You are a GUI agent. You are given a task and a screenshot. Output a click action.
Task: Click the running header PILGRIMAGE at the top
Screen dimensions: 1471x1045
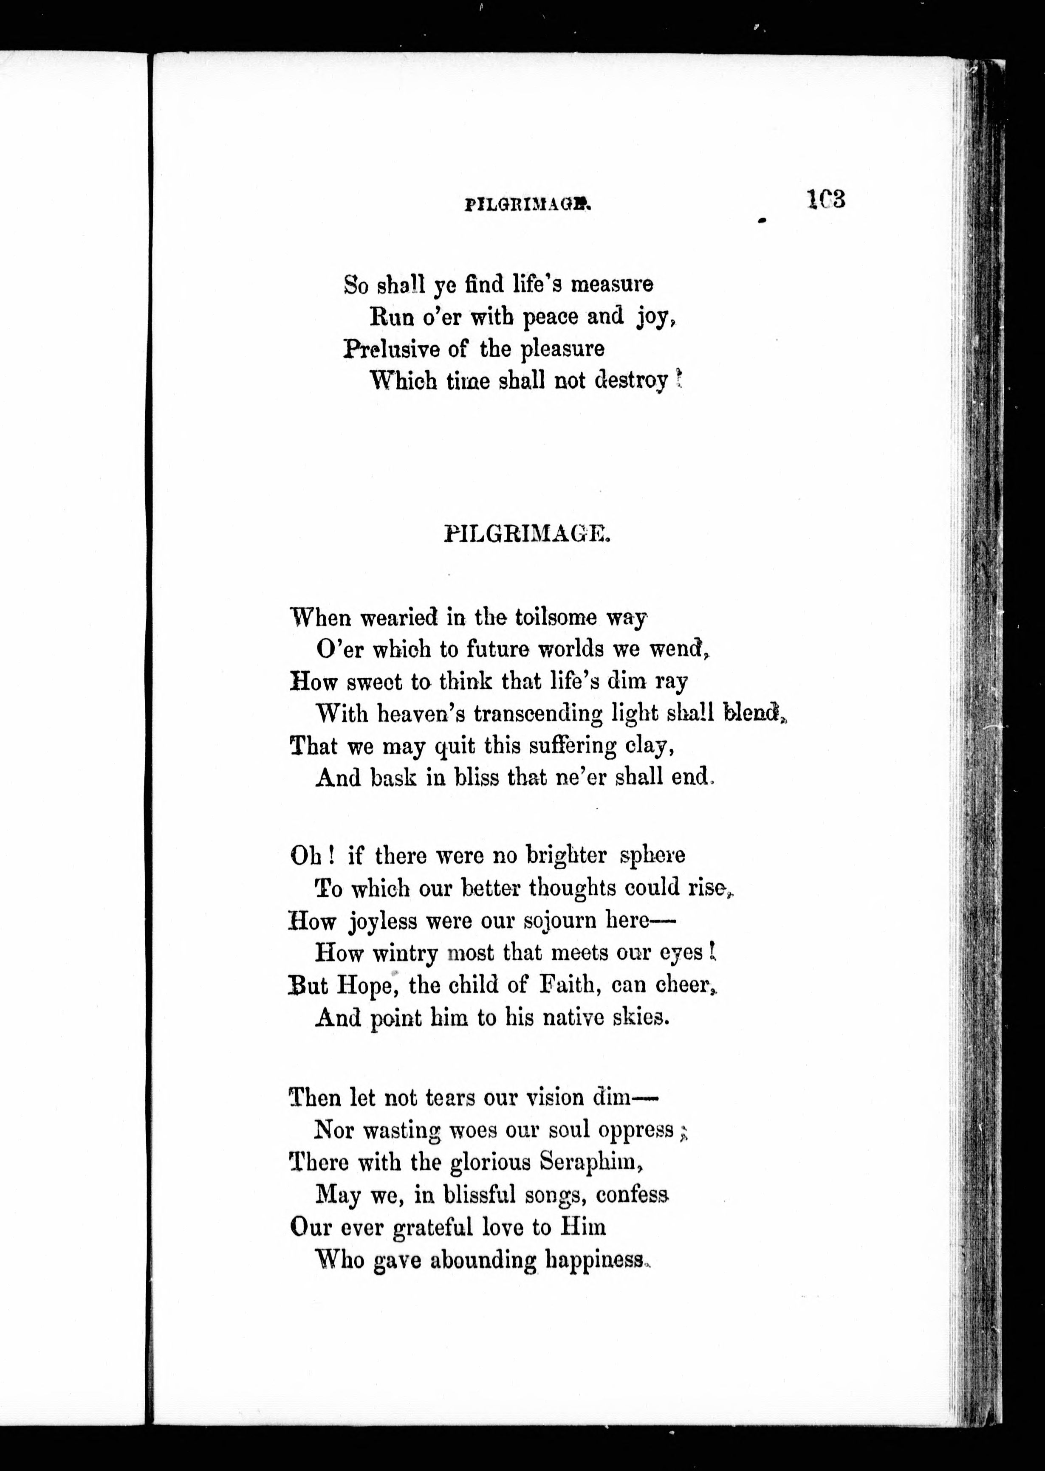point(527,205)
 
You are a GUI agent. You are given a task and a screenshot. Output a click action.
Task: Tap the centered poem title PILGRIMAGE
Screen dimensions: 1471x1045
point(526,535)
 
